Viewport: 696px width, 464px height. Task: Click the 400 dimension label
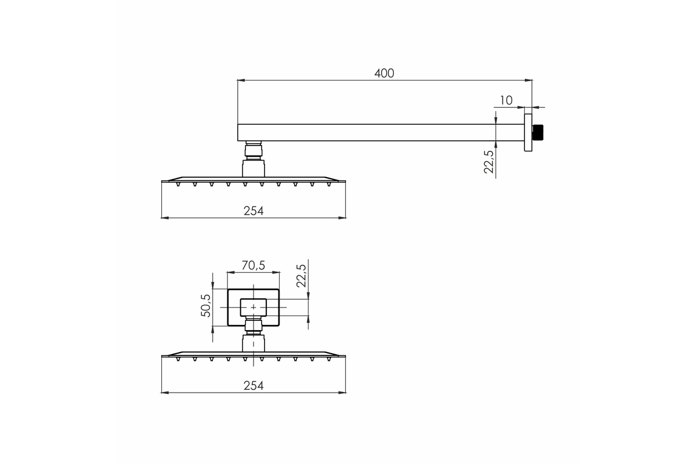(384, 73)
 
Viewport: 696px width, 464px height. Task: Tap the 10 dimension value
(506, 100)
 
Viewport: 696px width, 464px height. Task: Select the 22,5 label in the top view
(489, 162)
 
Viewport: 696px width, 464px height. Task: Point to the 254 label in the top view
(253, 211)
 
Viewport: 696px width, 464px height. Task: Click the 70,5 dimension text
(253, 266)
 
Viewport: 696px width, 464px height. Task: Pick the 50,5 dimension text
(206, 306)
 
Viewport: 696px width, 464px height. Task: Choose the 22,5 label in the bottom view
(302, 276)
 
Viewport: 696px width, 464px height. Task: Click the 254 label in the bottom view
(253, 386)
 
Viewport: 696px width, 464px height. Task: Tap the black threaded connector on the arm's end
(538, 132)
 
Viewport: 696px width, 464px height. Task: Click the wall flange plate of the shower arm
(528, 133)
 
